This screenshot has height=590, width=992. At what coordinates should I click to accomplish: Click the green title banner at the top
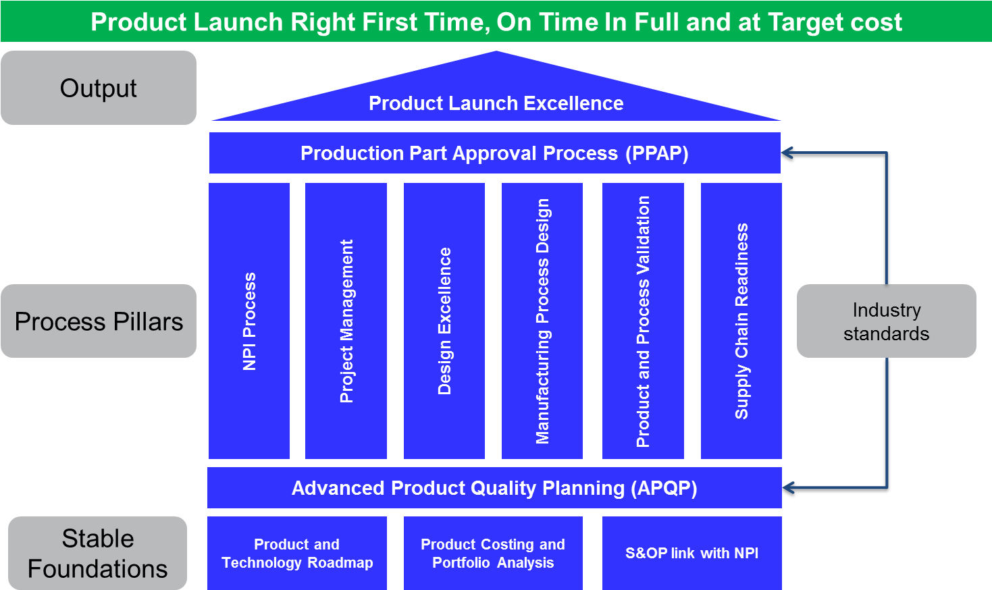pos(496,22)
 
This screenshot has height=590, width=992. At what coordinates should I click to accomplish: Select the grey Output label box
pos(99,88)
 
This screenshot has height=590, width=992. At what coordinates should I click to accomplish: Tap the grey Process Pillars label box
pos(99,321)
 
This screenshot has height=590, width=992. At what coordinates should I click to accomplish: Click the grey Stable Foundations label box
pos(98,554)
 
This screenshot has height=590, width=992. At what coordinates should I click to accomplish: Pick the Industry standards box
pos(886,321)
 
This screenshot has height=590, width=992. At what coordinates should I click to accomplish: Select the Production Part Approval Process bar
pos(494,153)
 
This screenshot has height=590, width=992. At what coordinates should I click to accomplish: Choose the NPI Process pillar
pos(249,321)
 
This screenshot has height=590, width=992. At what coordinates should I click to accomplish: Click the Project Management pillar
pos(346,321)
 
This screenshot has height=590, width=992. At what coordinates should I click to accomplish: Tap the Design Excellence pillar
pos(444,321)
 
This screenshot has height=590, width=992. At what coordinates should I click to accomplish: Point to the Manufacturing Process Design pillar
pos(542,321)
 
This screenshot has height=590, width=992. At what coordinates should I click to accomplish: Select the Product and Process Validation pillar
pos(643,321)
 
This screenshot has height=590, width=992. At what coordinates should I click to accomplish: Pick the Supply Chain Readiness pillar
pos(741,321)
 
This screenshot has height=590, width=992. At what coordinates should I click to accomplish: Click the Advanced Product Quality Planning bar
pos(494,488)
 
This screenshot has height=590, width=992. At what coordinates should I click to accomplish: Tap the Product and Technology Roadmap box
pos(297,554)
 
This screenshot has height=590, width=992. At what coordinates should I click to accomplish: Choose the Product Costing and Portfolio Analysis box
pos(493,554)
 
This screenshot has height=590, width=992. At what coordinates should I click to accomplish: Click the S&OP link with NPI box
pos(691,554)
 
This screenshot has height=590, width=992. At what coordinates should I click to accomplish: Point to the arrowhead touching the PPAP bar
pos(787,153)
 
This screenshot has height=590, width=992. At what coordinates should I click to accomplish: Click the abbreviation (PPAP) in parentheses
pos(656,154)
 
